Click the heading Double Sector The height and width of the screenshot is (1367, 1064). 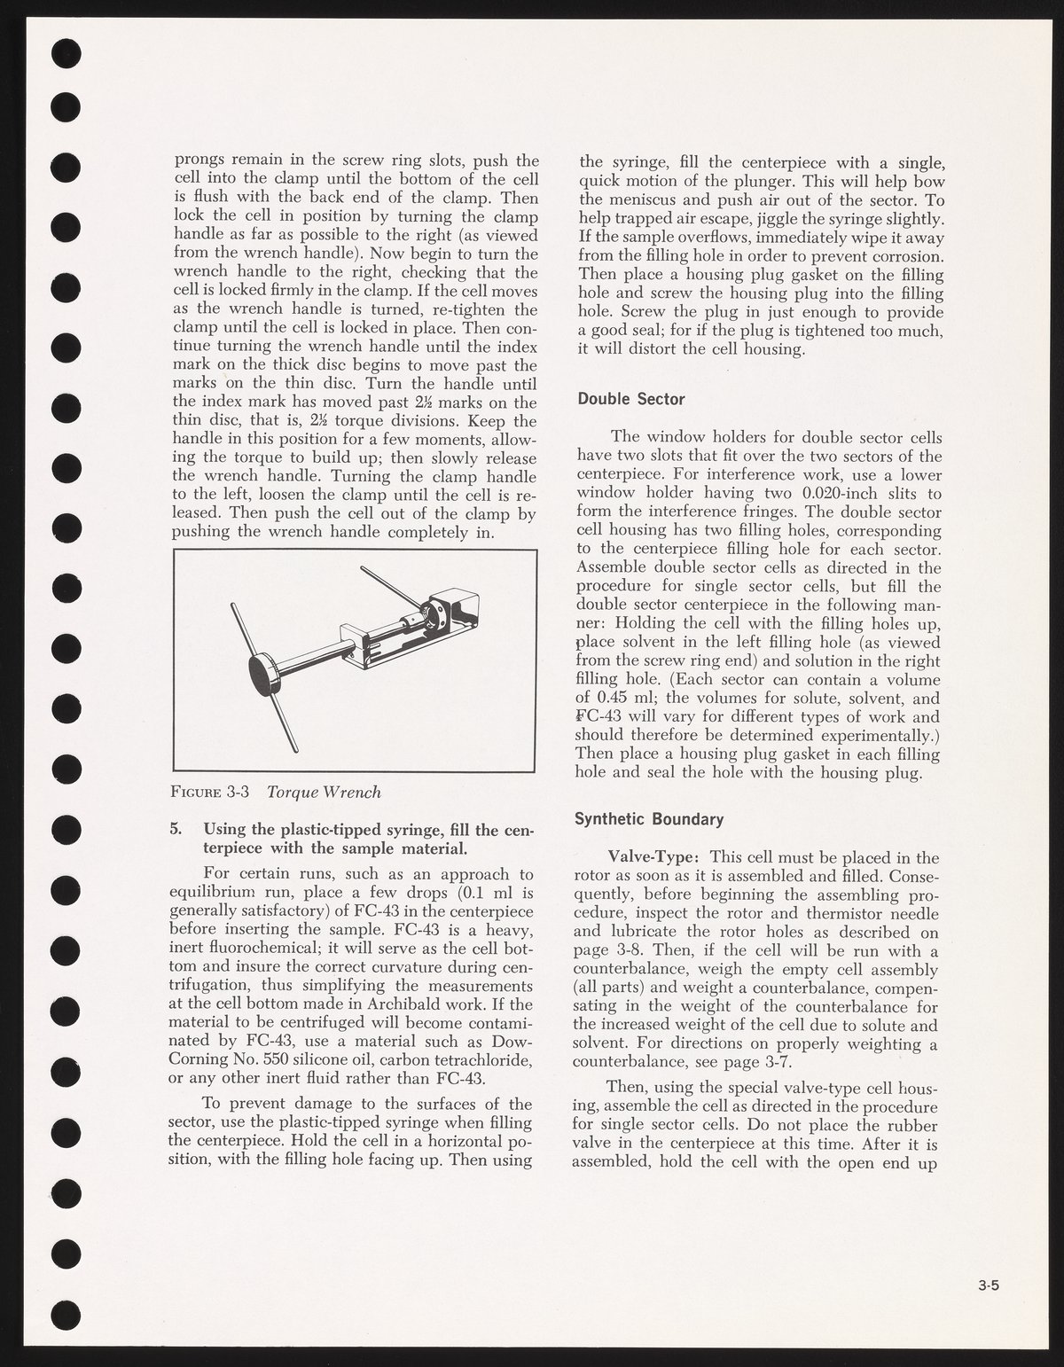pyautogui.click(x=631, y=399)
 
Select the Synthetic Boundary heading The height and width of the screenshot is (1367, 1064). pyautogui.click(x=649, y=819)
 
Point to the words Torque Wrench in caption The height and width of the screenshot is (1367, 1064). pyautogui.click(x=325, y=791)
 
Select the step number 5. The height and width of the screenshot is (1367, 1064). pyautogui.click(x=176, y=831)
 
